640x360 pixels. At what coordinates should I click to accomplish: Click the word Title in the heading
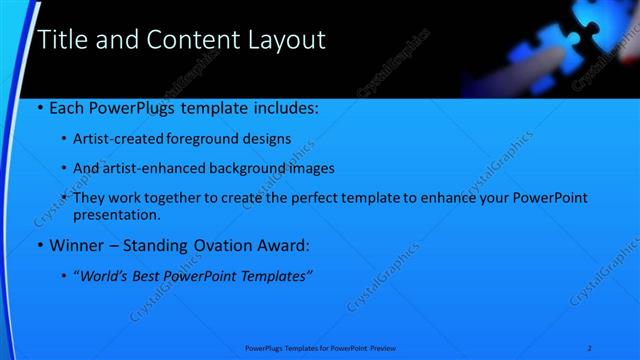point(60,40)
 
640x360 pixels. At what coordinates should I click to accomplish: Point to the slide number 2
point(591,347)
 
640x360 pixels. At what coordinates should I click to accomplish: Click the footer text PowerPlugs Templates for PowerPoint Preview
point(319,347)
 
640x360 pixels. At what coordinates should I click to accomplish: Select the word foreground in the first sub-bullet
point(212,138)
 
